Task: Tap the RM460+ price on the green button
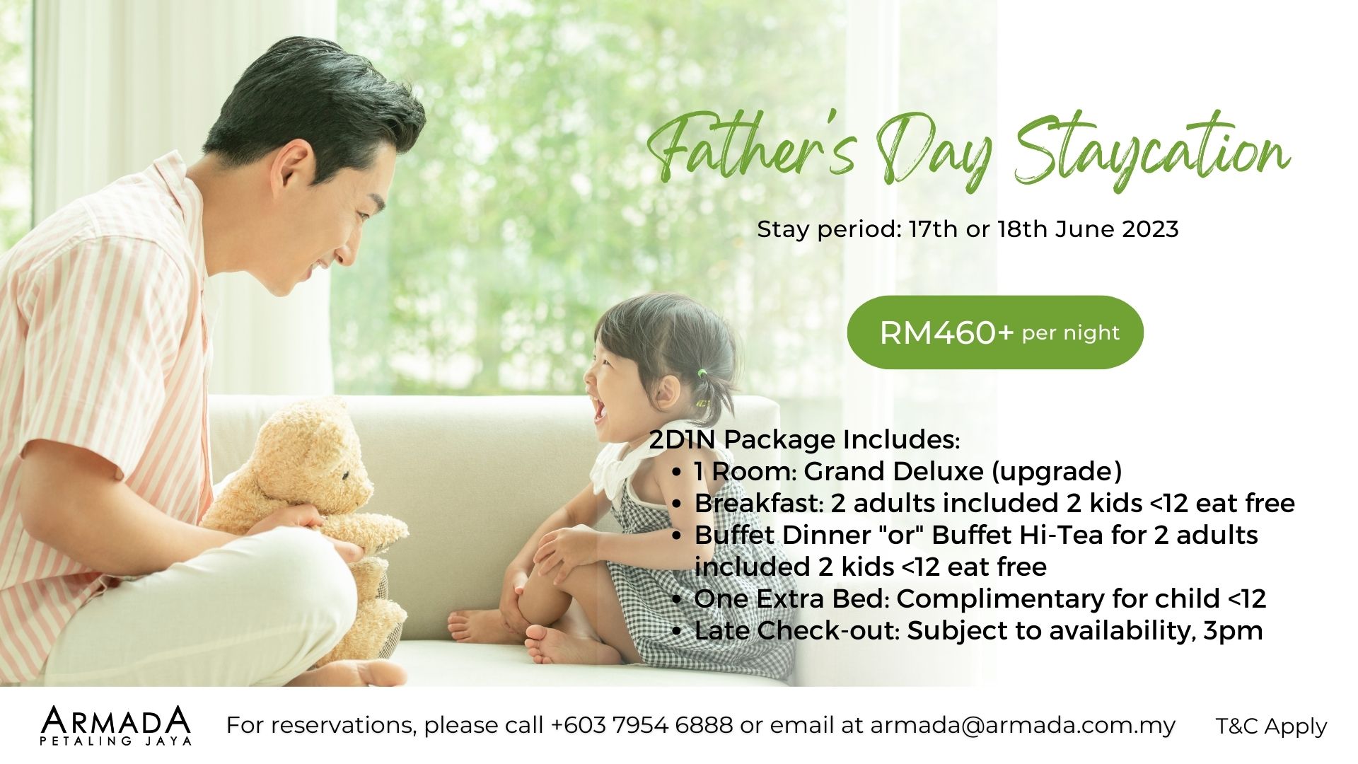click(947, 333)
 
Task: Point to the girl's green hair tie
click(702, 372)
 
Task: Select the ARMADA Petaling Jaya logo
click(116, 725)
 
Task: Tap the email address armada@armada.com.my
click(1023, 726)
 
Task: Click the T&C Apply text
click(1272, 727)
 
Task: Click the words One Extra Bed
click(790, 598)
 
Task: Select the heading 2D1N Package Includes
click(804, 440)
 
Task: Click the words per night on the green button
click(1071, 334)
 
